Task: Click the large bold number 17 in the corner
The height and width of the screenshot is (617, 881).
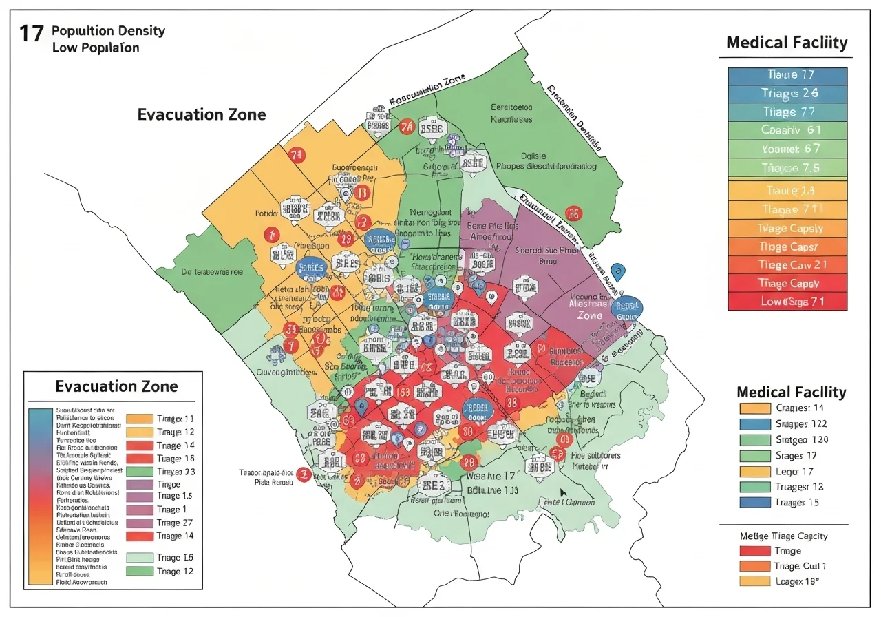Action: tap(31, 34)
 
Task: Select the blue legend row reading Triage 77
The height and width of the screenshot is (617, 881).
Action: tap(788, 112)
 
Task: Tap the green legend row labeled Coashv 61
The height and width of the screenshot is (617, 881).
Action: tap(788, 130)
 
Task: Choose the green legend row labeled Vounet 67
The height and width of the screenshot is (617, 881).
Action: tap(788, 149)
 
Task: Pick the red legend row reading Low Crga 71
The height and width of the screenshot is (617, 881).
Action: tap(788, 301)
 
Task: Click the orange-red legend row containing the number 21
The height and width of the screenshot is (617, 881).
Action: tap(788, 264)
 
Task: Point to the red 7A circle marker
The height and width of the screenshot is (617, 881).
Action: tap(407, 127)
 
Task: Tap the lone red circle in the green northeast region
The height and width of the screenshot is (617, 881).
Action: tap(573, 213)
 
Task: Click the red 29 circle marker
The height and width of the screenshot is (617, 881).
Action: tap(346, 239)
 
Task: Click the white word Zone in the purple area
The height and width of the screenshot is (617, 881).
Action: tap(590, 315)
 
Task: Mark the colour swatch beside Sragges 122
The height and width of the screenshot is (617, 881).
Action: tap(751, 423)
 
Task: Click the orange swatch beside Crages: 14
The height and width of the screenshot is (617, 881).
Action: tap(751, 408)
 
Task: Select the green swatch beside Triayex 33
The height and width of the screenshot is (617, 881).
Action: tap(140, 472)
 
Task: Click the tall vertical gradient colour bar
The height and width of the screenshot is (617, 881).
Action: tap(41, 496)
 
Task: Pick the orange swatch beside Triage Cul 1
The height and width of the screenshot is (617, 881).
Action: tap(751, 566)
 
